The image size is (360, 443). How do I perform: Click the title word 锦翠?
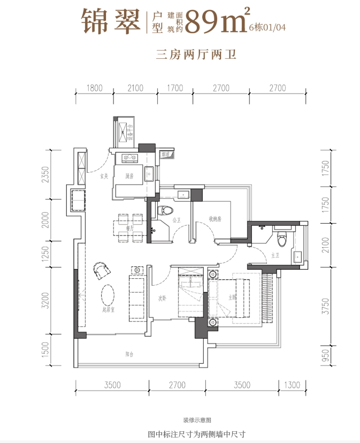111,22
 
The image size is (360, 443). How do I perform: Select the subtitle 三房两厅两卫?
196,54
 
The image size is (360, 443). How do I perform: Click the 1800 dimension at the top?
94,88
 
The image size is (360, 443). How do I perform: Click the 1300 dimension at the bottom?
292,384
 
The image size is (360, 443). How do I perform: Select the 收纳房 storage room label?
215,219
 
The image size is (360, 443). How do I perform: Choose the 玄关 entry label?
104,177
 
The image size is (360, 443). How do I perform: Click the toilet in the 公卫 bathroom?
165,210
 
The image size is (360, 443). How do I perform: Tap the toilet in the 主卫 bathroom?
285,236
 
